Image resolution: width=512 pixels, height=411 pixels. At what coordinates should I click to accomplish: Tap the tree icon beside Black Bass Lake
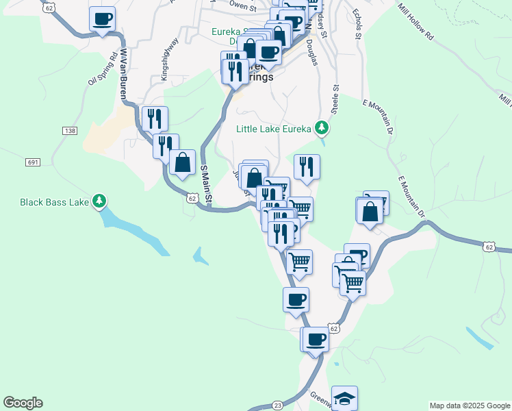click(100, 201)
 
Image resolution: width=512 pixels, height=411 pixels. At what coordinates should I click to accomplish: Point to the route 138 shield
click(69, 130)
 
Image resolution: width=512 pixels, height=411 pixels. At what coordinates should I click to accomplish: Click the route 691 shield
click(33, 162)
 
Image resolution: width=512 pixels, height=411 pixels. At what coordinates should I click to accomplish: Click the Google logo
click(23, 403)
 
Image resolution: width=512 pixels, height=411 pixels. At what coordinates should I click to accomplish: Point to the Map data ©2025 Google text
click(469, 406)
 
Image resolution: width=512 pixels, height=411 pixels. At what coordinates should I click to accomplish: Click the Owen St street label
click(242, 5)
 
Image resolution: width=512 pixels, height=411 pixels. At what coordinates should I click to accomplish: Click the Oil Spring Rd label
click(103, 70)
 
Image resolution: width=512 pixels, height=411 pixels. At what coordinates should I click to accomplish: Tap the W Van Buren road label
click(124, 73)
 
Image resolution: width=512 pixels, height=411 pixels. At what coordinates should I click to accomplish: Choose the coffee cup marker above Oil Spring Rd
click(102, 19)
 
